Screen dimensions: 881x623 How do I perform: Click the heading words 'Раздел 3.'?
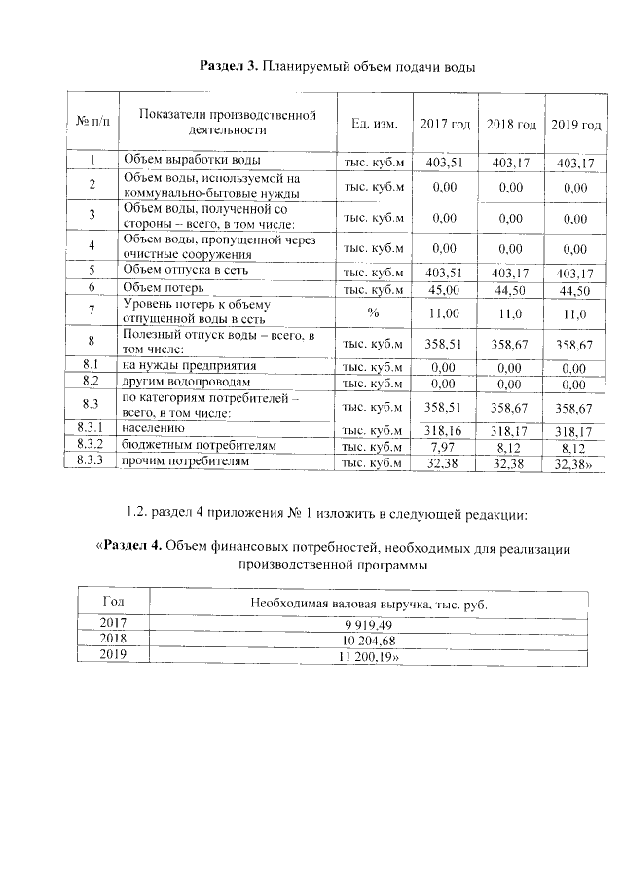click(229, 66)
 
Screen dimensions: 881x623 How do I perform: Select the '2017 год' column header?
click(445, 124)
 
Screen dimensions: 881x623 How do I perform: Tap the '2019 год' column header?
click(575, 125)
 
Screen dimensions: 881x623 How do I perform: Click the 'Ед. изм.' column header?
click(374, 124)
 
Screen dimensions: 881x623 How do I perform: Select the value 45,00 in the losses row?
click(443, 289)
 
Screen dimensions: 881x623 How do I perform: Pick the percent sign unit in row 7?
click(373, 312)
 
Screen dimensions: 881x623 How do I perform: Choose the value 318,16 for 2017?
click(444, 428)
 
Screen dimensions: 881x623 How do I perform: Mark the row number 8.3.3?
click(90, 462)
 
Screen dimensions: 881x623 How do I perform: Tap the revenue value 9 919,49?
click(368, 624)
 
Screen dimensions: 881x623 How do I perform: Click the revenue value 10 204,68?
click(368, 641)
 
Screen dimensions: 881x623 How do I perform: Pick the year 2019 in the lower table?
click(113, 656)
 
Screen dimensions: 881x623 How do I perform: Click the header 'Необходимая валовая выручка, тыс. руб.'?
click(368, 604)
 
